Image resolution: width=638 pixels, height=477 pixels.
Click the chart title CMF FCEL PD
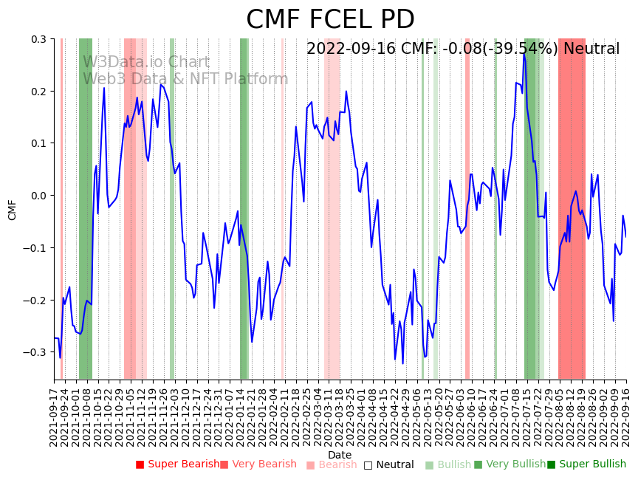pyautogui.click(x=330, y=20)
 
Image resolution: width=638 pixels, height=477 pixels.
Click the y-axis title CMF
pyautogui.click(x=13, y=209)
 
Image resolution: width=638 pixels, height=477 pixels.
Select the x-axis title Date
pyautogui.click(x=340, y=455)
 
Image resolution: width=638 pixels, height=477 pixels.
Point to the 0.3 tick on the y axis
pyautogui.click(x=38, y=39)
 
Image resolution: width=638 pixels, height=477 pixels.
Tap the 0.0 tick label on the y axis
pyautogui.click(x=38, y=196)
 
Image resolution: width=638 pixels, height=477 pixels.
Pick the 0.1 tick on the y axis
pyautogui.click(x=38, y=143)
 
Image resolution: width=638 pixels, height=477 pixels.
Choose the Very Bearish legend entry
pyautogui.click(x=258, y=464)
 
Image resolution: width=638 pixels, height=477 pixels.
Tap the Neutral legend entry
pyautogui.click(x=388, y=465)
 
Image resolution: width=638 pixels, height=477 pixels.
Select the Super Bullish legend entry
pyautogui.click(x=586, y=464)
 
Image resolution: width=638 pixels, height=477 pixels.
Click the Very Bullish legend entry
pyautogui.click(x=510, y=464)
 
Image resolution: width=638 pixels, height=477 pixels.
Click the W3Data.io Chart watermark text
pyautogui.click(x=146, y=63)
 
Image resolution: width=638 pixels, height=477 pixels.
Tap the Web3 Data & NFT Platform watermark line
pyautogui.click(x=185, y=79)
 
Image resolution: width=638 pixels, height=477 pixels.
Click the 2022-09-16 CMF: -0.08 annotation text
pyautogui.click(x=463, y=49)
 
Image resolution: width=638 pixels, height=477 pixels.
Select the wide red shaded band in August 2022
pyautogui.click(x=572, y=208)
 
